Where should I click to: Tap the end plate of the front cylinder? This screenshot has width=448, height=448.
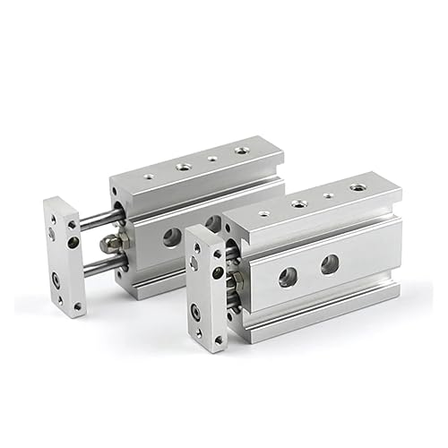[208, 287]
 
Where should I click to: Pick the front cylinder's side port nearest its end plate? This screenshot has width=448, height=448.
[287, 277]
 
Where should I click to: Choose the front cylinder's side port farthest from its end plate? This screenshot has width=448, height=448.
[330, 263]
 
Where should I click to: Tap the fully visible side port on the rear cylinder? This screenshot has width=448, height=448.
[169, 237]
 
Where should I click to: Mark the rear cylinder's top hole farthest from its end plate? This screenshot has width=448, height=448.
[241, 150]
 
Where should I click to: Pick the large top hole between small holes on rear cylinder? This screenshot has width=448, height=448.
[183, 166]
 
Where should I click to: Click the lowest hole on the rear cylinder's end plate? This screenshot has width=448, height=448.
[78, 306]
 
